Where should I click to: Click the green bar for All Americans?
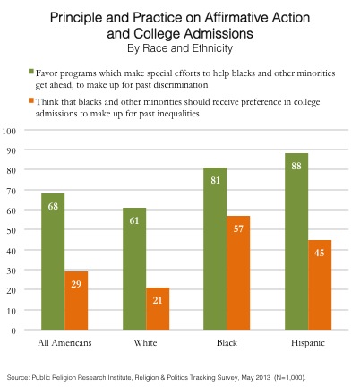[53, 262]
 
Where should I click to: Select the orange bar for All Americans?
[76, 300]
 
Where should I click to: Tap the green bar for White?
[134, 269]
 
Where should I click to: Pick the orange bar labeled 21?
[158, 308]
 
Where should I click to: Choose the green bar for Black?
[215, 249]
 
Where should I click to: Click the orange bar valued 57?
[238, 272]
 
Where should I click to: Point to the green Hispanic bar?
[296, 242]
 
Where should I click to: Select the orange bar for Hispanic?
[320, 285]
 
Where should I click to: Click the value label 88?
[296, 166]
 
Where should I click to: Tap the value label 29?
[76, 284]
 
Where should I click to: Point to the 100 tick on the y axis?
[9, 131]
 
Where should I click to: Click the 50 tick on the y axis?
[11, 230]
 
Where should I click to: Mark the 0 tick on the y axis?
[13, 331]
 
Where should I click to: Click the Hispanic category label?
[308, 343]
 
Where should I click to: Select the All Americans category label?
[64, 342]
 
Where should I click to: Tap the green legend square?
[31, 72]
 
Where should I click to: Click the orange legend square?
[31, 100]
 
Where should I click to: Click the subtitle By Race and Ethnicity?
[180, 48]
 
